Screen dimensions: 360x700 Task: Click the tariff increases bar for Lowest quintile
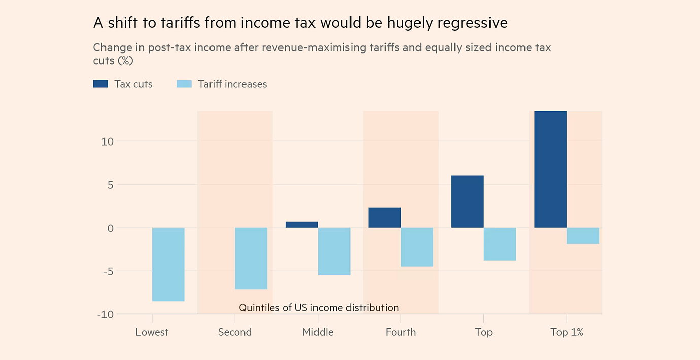[168, 264]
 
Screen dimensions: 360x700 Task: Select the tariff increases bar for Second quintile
[251, 258]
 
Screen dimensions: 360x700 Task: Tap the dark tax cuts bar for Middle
[302, 225]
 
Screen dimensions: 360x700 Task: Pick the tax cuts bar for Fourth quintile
[384, 218]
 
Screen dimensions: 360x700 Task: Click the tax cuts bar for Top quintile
[467, 202]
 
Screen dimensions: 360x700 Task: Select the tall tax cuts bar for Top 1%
[550, 169]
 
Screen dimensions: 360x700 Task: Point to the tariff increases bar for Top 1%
[583, 236]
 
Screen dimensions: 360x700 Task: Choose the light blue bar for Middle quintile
[334, 251]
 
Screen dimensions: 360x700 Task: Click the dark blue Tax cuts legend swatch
[100, 84]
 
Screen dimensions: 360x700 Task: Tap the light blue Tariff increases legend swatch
[184, 84]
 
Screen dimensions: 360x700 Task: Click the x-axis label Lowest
[152, 332]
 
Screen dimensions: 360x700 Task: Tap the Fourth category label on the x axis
[401, 332]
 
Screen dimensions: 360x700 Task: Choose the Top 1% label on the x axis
[567, 332]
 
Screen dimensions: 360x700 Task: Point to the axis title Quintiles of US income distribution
[319, 308]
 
